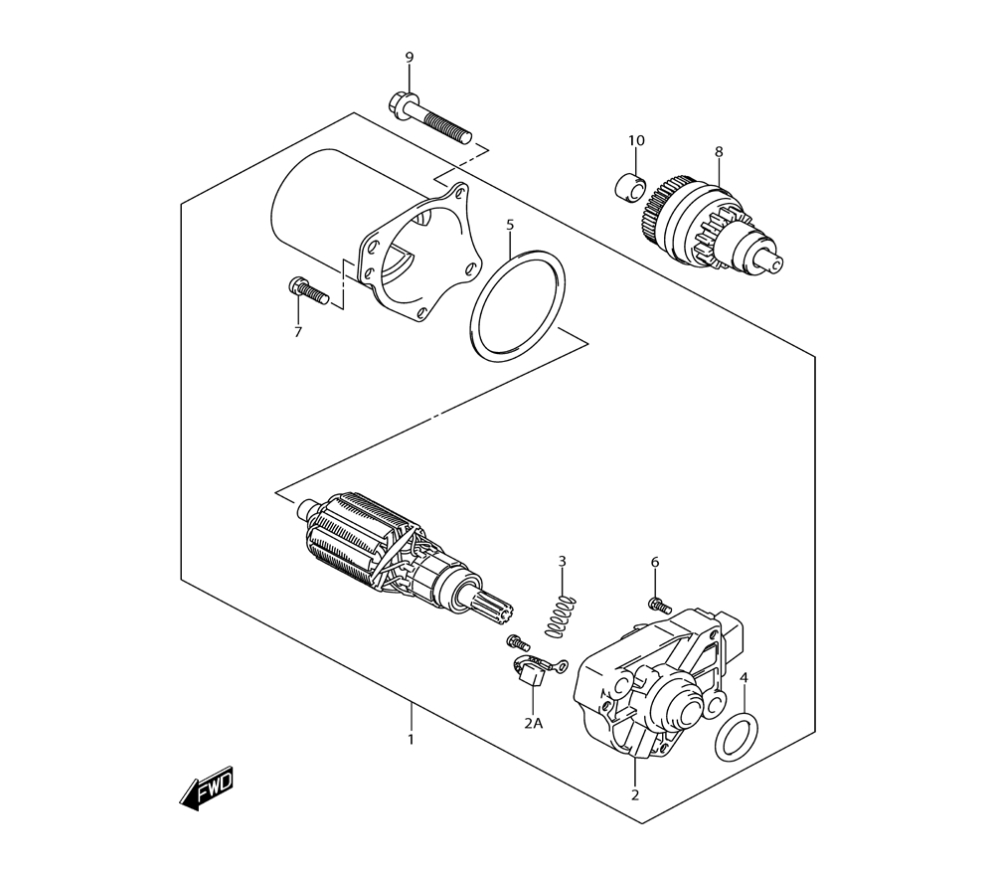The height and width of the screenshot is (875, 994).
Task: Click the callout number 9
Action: (x=410, y=58)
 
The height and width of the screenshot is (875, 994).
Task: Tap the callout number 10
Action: (x=636, y=140)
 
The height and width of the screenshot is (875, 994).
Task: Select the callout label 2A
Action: (x=534, y=723)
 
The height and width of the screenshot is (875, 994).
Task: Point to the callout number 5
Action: (x=510, y=225)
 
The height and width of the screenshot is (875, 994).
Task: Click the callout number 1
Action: (x=411, y=740)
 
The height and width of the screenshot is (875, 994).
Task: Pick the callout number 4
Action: (x=745, y=678)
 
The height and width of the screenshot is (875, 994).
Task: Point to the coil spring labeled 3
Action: (x=561, y=615)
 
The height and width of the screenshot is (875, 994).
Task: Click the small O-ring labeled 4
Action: (x=736, y=737)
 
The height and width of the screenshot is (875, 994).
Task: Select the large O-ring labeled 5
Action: (x=519, y=306)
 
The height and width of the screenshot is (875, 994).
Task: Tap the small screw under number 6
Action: (x=659, y=607)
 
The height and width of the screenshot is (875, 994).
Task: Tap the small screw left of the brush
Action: (x=517, y=642)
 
